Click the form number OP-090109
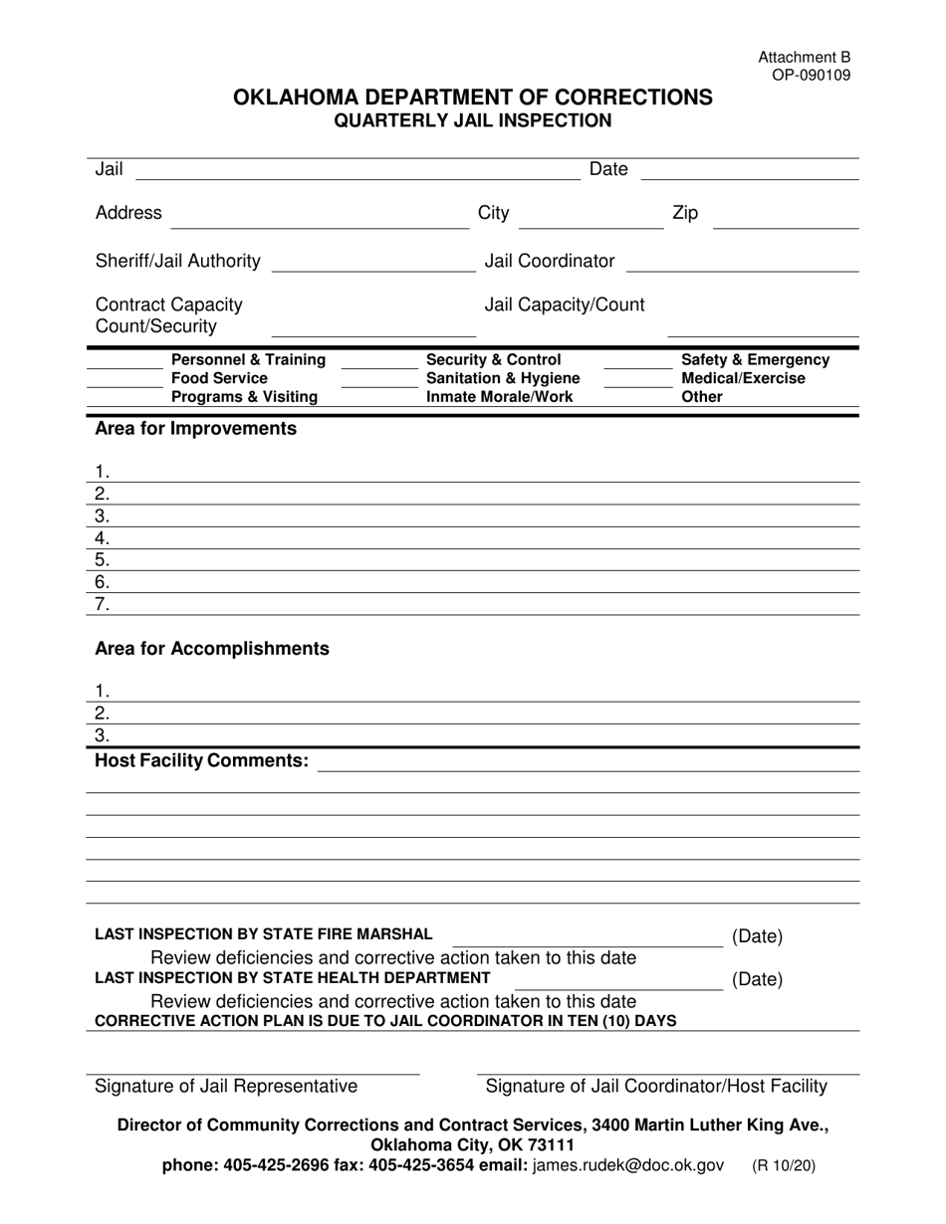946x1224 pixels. pos(811,75)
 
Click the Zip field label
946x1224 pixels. pos(685,213)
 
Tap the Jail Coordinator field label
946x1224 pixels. pos(549,261)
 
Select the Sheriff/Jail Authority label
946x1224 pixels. pos(178,261)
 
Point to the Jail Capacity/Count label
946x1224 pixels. pos(564,305)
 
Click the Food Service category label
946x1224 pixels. pos(219,379)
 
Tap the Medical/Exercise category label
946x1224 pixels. pos(743,379)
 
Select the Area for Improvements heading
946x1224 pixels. pos(195,429)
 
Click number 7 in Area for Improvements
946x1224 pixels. pos(102,604)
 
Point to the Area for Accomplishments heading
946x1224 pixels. pos(211,649)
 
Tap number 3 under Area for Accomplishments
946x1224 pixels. pos(102,735)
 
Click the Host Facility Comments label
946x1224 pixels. pos(201,761)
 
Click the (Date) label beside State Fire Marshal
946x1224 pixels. pos(757,936)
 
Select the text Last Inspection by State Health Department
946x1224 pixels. pos(292,978)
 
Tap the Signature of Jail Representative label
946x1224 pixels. pos(226,1087)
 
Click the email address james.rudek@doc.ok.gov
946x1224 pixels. pos(628,1165)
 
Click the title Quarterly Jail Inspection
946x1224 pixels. pos(472,121)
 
